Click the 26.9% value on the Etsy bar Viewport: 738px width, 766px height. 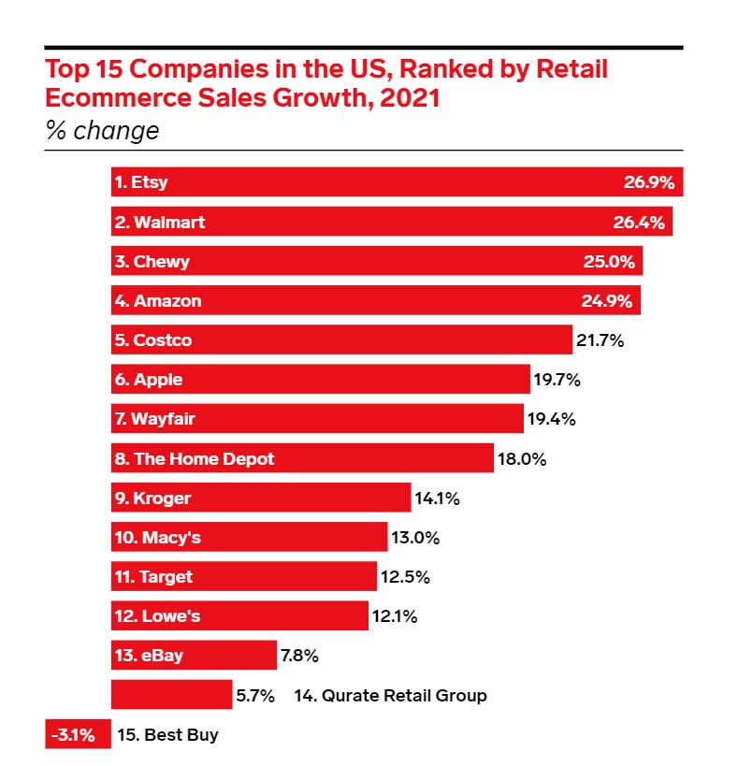[x=648, y=182]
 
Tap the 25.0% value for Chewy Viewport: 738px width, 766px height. [x=608, y=262]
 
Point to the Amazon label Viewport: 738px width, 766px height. [x=158, y=301]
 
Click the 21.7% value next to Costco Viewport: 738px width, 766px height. [x=600, y=340]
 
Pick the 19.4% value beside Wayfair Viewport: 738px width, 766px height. [x=551, y=419]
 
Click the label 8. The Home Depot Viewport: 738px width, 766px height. [x=195, y=459]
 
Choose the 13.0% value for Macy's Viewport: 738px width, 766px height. [x=415, y=538]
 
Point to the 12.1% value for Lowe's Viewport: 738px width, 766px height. [x=395, y=616]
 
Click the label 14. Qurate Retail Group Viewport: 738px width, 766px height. [x=390, y=696]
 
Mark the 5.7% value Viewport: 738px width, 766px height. [x=254, y=696]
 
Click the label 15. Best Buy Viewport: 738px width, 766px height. [x=168, y=735]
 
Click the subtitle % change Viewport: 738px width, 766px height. [x=103, y=130]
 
